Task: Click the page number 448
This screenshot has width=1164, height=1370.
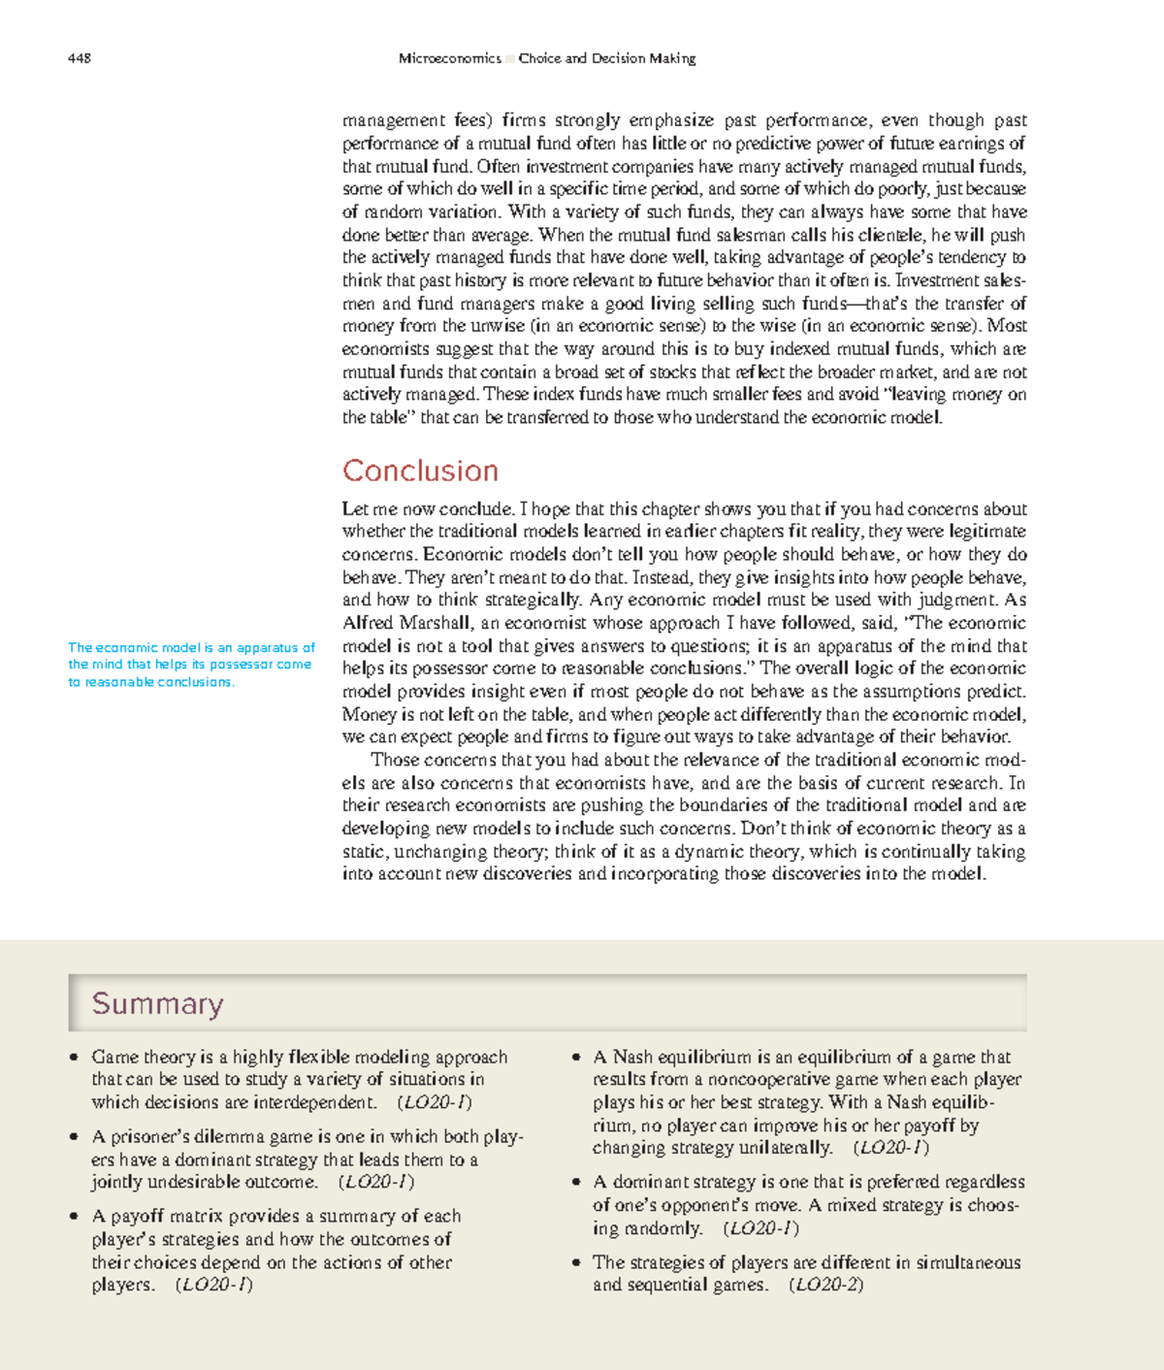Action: (x=80, y=58)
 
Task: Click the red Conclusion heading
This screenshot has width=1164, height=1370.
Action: (x=420, y=471)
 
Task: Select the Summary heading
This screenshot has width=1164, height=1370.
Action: (x=157, y=1003)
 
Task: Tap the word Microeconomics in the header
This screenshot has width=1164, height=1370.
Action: (x=449, y=58)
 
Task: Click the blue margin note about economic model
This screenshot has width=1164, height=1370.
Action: (x=191, y=665)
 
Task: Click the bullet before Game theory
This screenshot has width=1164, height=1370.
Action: (x=74, y=1058)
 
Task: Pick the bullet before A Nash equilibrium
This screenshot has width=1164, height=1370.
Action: (x=576, y=1058)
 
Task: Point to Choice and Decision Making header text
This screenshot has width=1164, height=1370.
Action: (x=607, y=58)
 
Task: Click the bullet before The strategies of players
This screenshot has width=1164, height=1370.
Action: (x=576, y=1263)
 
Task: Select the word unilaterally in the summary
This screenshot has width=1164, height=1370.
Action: (x=784, y=1148)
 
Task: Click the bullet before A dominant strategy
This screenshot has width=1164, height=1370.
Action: (x=576, y=1183)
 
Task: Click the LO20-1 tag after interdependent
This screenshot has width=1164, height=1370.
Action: (x=435, y=1102)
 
